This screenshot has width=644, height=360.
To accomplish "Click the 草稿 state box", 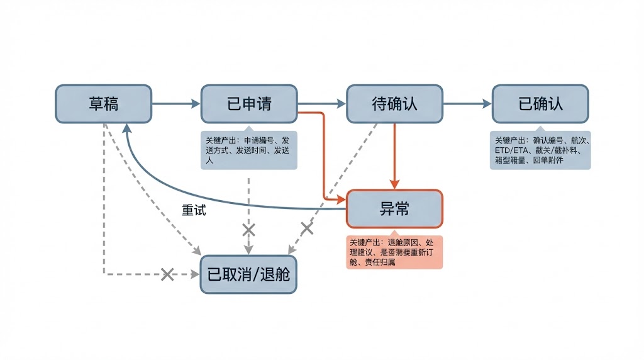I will coord(104,104).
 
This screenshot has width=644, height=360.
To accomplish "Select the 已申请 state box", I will coord(249,104).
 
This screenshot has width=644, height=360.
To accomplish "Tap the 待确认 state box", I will coord(394,104).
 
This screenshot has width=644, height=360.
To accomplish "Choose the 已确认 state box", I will coord(540,104).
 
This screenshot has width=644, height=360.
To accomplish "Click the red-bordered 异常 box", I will coord(394,208).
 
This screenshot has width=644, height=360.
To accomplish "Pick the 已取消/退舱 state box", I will coord(249,274).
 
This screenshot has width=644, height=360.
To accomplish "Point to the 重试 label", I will coord(194,211).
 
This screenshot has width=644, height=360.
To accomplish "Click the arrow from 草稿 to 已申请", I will coord(176,104).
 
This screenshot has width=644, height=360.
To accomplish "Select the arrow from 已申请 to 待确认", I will coord(321,104).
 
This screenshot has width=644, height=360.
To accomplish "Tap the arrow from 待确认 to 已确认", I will coord(467,104).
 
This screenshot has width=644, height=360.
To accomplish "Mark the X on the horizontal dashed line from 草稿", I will coord(167,274).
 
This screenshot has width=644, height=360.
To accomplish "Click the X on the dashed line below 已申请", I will coord(249,230).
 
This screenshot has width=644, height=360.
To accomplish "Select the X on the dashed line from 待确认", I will coord(307,228).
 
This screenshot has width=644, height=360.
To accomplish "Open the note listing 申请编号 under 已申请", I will coord(249,150).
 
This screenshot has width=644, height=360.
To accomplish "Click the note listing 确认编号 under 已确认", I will coord(540,150).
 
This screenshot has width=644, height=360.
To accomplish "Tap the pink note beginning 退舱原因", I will coord(394,252).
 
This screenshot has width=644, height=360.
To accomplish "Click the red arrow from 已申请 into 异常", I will coord(323,157).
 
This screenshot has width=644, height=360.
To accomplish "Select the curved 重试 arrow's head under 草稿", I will coord(127,129).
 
